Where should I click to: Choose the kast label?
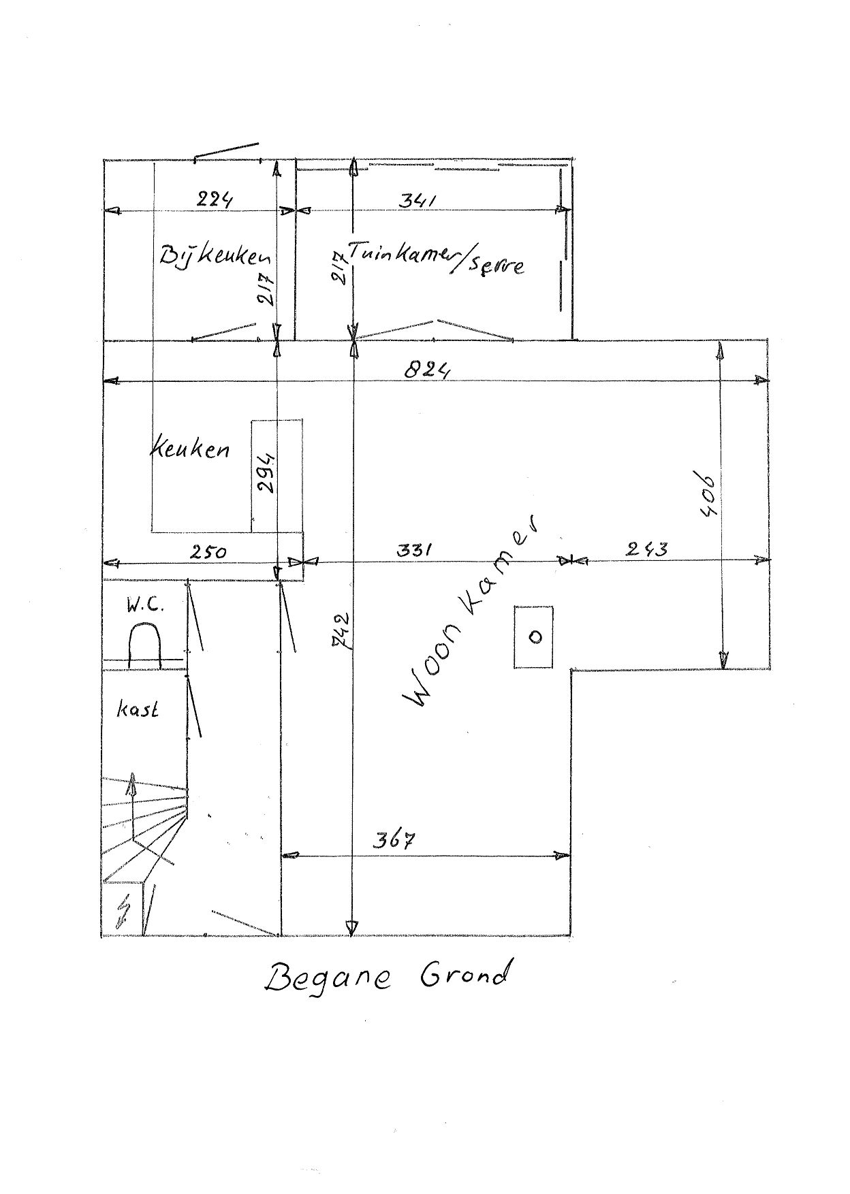point(138,709)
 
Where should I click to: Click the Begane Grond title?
point(386,977)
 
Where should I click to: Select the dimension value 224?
point(215,199)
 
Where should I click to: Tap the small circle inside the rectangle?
point(535,636)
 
